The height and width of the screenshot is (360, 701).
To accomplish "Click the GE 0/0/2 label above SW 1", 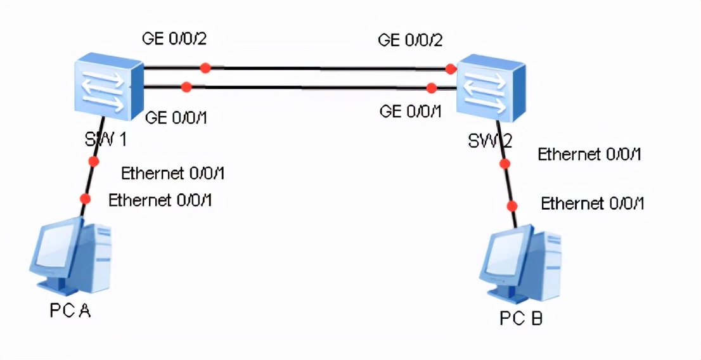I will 175,39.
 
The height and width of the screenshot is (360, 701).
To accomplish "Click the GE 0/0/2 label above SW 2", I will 410,40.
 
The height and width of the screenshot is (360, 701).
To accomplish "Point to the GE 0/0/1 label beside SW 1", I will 177,117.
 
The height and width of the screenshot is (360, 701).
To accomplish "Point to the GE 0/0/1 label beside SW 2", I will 410,112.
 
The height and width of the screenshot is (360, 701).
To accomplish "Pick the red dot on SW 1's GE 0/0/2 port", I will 204,67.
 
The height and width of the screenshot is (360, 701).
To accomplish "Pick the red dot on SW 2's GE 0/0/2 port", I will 451,68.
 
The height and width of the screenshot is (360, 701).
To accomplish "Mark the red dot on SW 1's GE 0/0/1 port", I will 186,86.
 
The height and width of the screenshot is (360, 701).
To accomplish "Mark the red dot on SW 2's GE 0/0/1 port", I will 432,87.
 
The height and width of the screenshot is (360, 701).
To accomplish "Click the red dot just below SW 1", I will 94,162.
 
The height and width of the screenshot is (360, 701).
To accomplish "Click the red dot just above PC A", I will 85,199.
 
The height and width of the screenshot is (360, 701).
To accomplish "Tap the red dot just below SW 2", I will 505,164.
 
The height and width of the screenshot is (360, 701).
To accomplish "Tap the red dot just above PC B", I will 512,206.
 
